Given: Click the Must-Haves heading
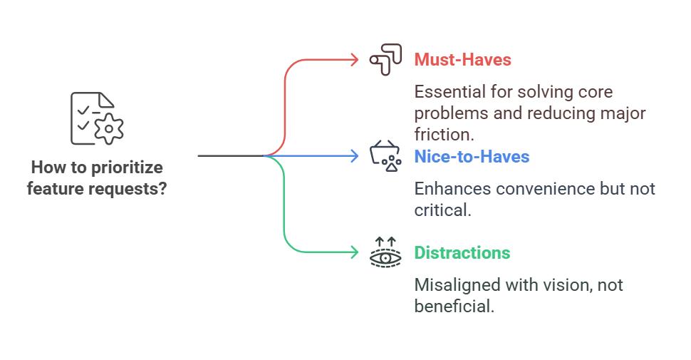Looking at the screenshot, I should [462, 60].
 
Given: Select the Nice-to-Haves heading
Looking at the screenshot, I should [472, 156].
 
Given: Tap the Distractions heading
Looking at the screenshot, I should [462, 253].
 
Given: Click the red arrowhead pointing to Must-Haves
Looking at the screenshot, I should [354, 60].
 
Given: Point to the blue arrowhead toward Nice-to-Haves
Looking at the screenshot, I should [354, 155].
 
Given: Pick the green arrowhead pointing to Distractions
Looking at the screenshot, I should [354, 252].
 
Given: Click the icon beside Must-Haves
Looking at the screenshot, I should [385, 61].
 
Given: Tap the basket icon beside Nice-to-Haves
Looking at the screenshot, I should [385, 156].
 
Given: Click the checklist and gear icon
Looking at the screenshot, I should [96, 118].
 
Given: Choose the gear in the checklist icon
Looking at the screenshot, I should [109, 129].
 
